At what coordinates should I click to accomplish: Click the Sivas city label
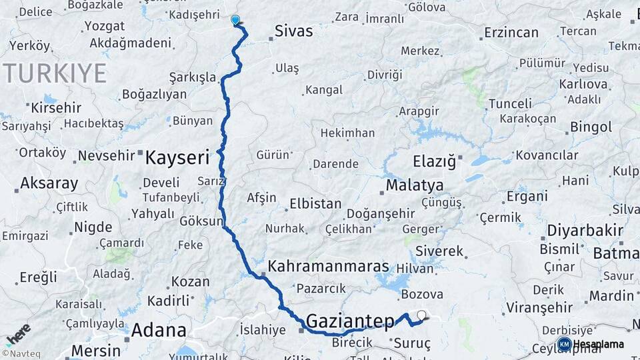click(x=293, y=31)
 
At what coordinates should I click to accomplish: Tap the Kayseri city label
click(x=177, y=158)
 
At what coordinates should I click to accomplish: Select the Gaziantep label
click(x=350, y=322)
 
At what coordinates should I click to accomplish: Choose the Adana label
click(x=159, y=329)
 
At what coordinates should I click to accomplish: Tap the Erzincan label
click(x=492, y=32)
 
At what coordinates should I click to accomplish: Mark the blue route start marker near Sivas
click(x=235, y=20)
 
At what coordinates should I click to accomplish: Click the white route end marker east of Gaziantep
click(x=421, y=315)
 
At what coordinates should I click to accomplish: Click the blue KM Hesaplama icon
click(x=564, y=344)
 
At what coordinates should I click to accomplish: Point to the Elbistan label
click(x=315, y=204)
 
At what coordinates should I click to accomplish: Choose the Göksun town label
click(x=200, y=221)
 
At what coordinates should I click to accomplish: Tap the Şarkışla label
click(x=193, y=77)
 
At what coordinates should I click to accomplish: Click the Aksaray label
click(x=49, y=183)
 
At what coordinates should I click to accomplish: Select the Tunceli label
click(x=510, y=103)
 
